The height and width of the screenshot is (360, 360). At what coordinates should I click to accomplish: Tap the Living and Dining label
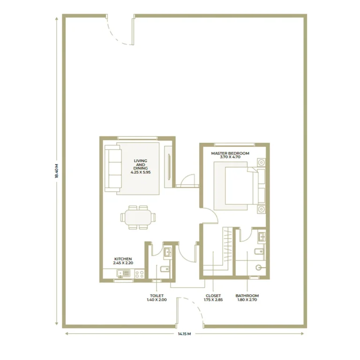pos(141,166)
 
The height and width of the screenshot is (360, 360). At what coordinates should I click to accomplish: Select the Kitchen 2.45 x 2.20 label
pos(123,261)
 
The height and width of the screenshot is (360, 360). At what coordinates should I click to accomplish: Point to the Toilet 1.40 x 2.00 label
pos(157,298)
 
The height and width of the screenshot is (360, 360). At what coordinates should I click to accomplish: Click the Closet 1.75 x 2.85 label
pos(213,298)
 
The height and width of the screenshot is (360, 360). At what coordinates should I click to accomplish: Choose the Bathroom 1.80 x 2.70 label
pos(247,298)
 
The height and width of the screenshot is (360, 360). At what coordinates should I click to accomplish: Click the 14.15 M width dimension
pos(184,334)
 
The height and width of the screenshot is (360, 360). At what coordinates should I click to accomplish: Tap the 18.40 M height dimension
pos(57,171)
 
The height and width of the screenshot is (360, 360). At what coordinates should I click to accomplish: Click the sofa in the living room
pos(112,169)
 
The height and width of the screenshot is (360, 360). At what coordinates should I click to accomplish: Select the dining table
pos(138,217)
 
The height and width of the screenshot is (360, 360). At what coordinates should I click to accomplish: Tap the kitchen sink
pos(124,273)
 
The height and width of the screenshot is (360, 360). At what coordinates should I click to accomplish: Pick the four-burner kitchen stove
pos(139,274)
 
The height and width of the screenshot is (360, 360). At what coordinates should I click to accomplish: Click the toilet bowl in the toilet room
pos(165,269)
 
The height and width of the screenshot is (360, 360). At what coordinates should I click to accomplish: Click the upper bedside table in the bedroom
pos(261,163)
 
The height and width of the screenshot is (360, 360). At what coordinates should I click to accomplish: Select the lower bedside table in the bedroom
pos(261,209)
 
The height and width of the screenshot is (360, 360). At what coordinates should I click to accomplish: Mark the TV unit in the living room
pos(168,167)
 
